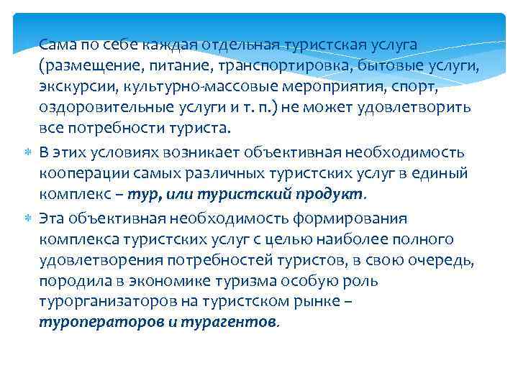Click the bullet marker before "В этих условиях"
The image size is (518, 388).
pyautogui.click(x=27, y=152)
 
